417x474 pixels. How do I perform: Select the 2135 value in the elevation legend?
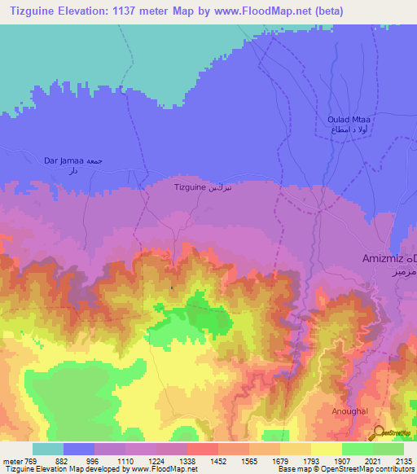[x=404, y=459]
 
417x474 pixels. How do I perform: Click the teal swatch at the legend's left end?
[x=48, y=449]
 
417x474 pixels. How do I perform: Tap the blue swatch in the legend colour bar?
[x=79, y=449]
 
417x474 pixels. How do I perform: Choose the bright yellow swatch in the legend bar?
[x=327, y=449]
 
